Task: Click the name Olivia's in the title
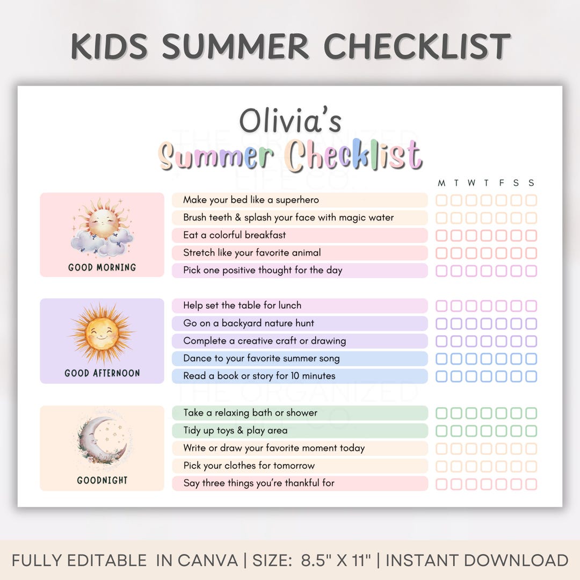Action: tap(290, 121)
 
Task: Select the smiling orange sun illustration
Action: tap(102, 332)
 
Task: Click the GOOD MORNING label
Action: tap(102, 267)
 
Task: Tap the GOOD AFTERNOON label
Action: tap(102, 373)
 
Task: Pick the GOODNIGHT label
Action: tap(102, 480)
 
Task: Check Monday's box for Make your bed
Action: tap(441, 200)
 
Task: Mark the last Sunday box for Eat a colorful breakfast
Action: tap(531, 236)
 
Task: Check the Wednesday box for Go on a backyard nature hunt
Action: tap(471, 324)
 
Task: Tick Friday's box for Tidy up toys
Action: tap(501, 431)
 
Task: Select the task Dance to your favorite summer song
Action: tap(261, 358)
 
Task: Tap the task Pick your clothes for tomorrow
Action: tap(249, 466)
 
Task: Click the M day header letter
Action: tap(441, 183)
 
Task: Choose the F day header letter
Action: tap(502, 183)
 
